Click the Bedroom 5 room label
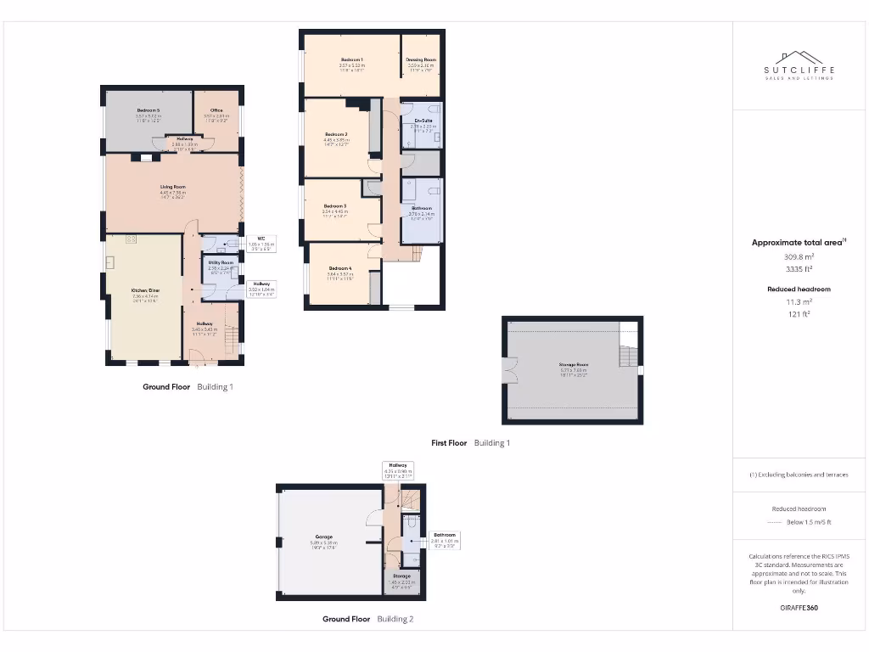(148, 110)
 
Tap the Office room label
(216, 110)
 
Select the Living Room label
(172, 187)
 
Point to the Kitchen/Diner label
(145, 290)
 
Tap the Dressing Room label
(420, 59)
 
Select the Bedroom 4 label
(339, 267)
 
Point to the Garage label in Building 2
(323, 537)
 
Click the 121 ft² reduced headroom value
(797, 314)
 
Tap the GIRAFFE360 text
(799, 608)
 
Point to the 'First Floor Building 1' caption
(470, 443)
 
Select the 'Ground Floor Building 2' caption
(367, 619)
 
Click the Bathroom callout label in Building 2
(446, 536)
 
